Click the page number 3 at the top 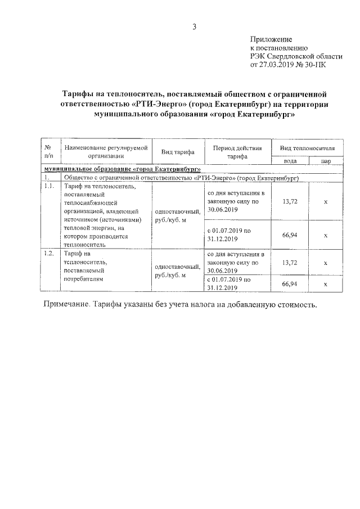click(193, 26)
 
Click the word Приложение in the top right click(271, 39)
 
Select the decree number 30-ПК click(314, 65)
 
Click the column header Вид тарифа click(178, 152)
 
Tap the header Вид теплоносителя click(307, 147)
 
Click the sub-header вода click(290, 161)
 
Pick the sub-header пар click(326, 161)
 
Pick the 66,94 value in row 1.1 click(290, 235)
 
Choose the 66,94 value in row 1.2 click(290, 284)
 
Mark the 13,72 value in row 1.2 click(290, 263)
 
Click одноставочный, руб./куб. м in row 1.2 click(178, 271)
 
